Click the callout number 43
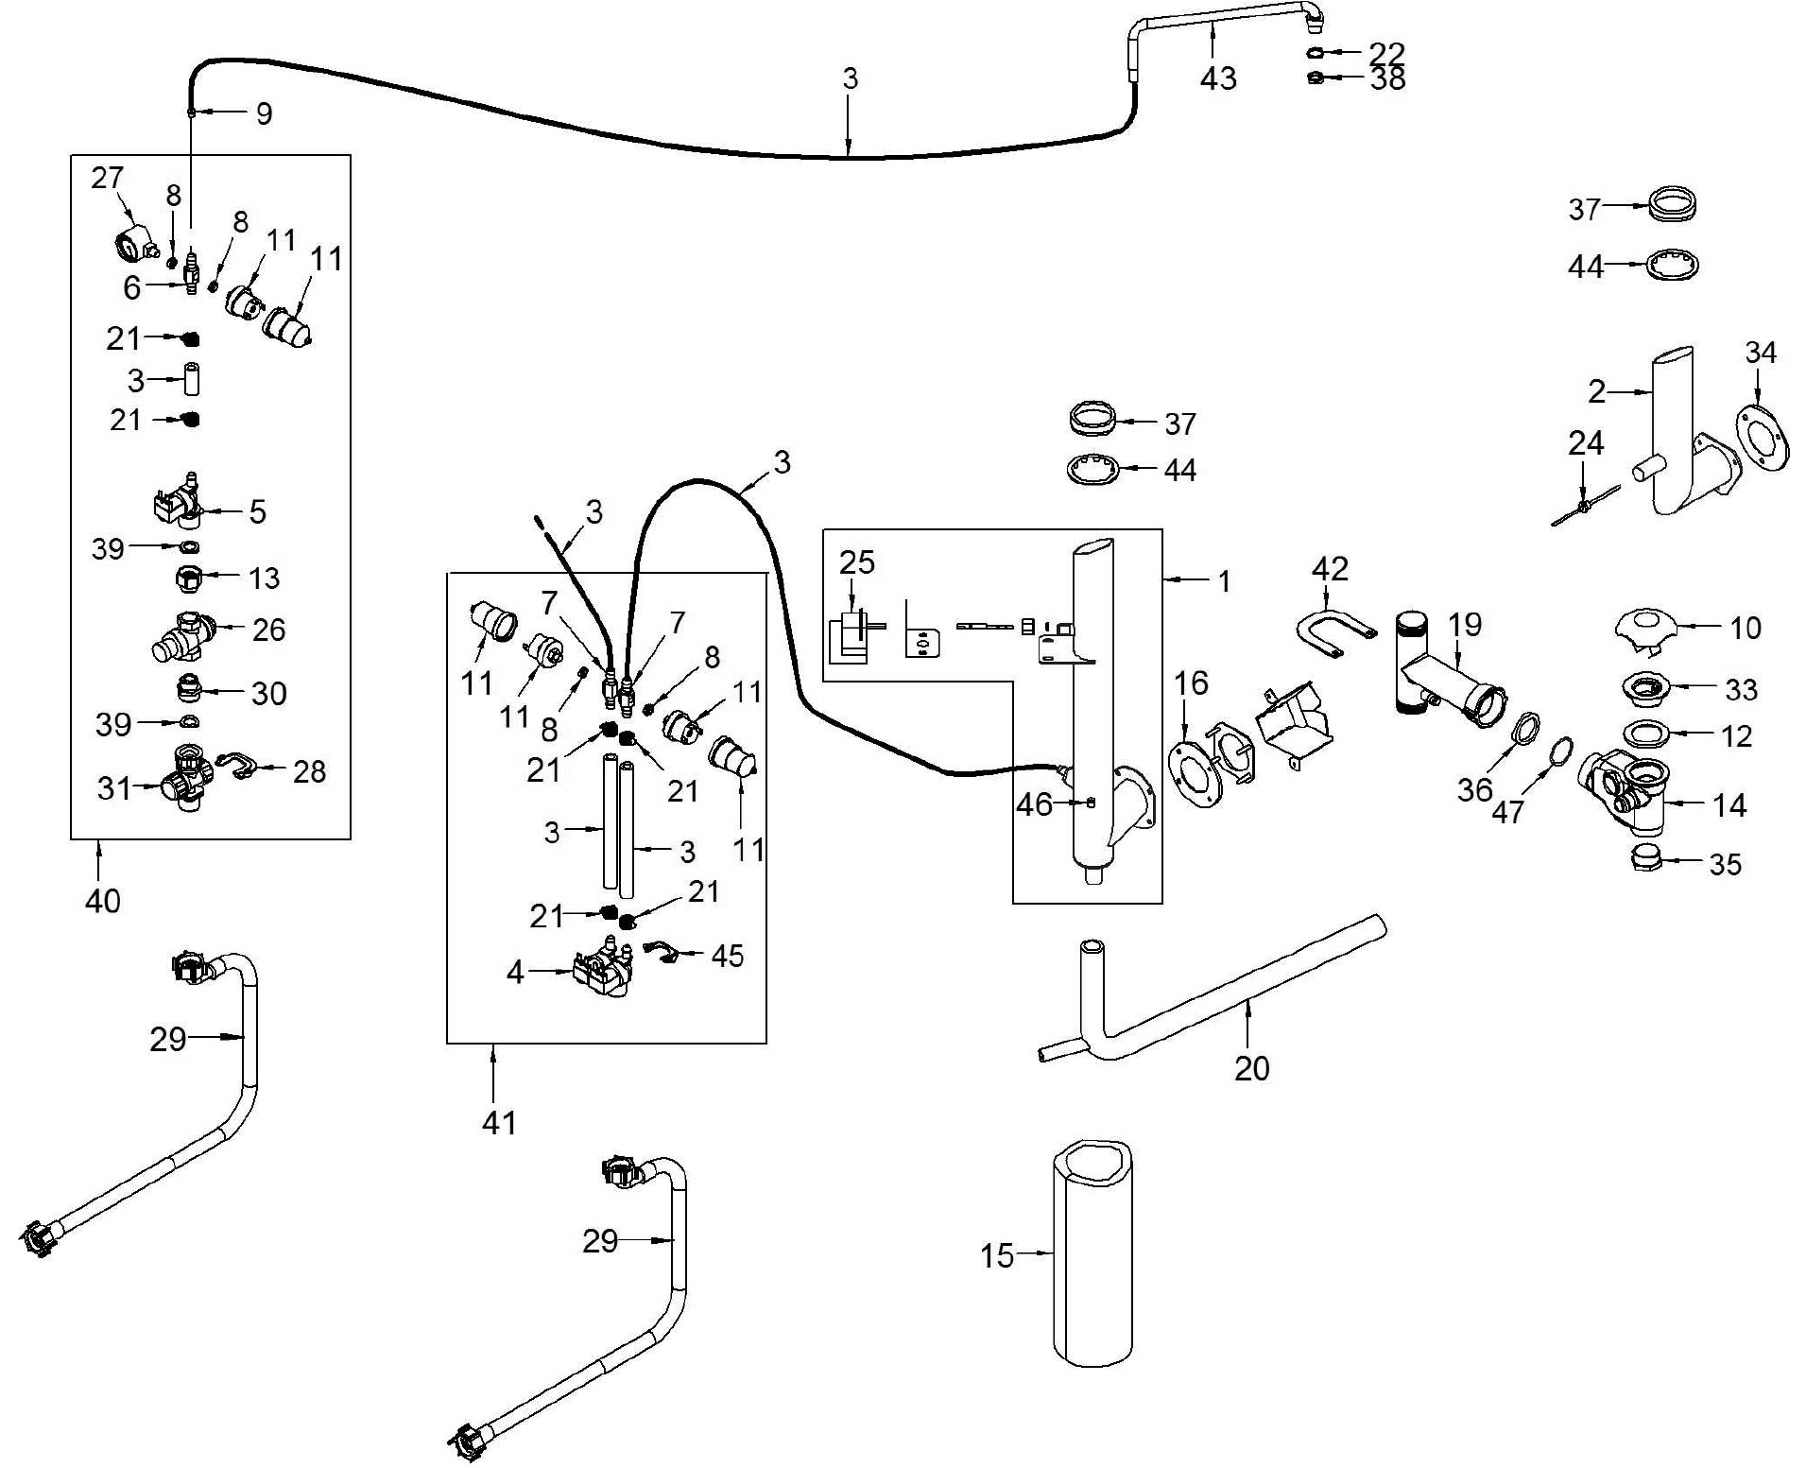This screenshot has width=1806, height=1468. (x=1218, y=78)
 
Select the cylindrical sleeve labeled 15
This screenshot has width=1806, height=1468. (x=1092, y=1252)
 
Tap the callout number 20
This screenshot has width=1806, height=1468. (x=1252, y=1068)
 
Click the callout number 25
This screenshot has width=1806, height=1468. (x=857, y=562)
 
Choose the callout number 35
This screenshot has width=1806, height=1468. (x=1725, y=864)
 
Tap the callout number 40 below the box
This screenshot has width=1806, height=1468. (x=103, y=901)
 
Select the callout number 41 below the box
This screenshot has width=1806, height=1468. (x=499, y=1123)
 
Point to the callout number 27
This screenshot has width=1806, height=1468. (x=108, y=178)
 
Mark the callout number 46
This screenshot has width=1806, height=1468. (x=1034, y=804)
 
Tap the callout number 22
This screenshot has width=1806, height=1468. (x=1387, y=52)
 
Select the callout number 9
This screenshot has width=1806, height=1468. (x=265, y=113)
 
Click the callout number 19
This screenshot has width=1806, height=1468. (x=1465, y=624)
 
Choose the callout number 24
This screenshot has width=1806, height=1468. (x=1586, y=442)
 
